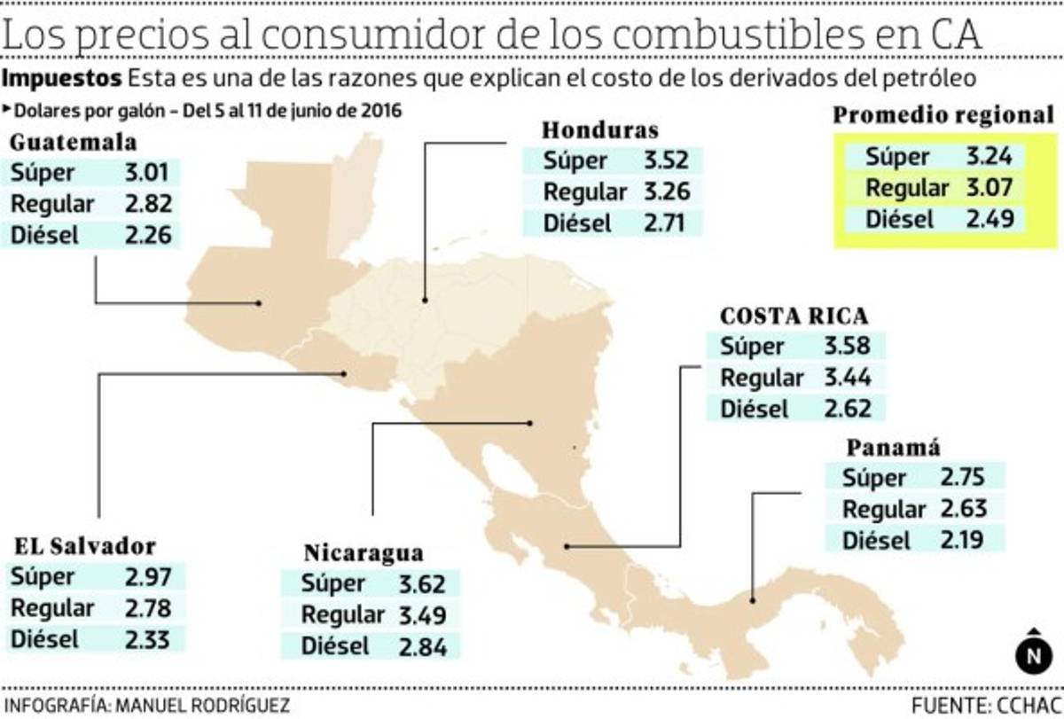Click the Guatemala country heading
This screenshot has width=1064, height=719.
[73, 144]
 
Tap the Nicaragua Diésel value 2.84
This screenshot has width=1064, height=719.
[422, 646]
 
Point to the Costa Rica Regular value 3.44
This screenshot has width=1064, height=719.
[847, 378]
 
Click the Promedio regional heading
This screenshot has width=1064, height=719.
[943, 115]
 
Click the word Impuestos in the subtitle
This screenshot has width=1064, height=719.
[62, 78]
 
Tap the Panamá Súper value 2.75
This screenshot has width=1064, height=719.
[964, 478]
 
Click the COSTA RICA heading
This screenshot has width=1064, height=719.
[794, 317]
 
